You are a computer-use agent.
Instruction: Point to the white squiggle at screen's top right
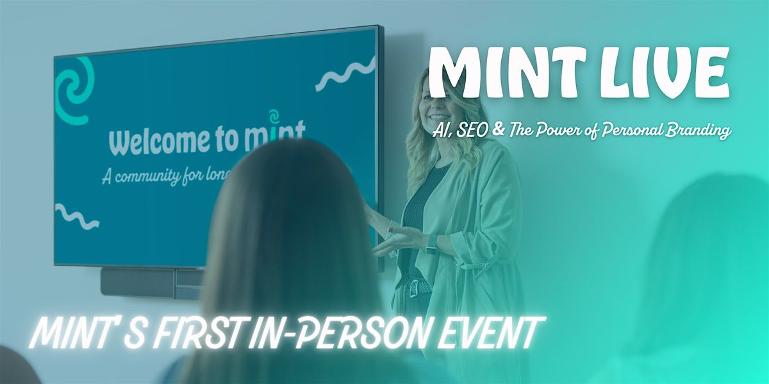tap(346, 74)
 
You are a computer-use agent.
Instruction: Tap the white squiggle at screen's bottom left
tap(76, 216)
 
